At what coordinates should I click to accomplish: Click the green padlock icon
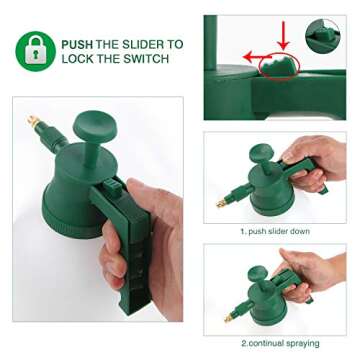pos(35,49)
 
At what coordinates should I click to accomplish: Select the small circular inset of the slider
pos(322,36)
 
